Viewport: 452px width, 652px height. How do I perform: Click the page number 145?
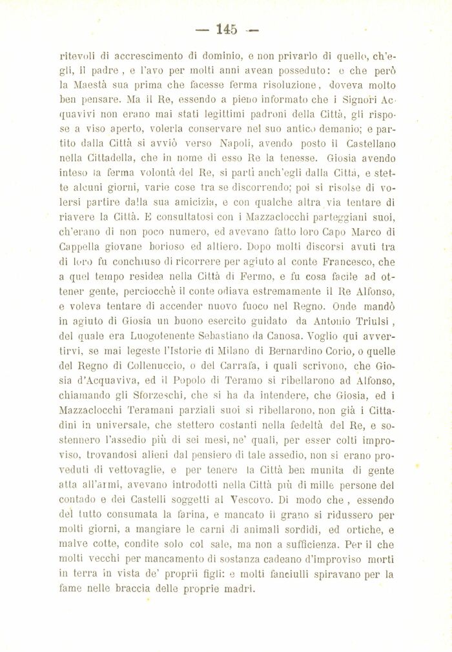click(227, 28)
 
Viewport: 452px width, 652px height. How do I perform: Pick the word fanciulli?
click(311, 575)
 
